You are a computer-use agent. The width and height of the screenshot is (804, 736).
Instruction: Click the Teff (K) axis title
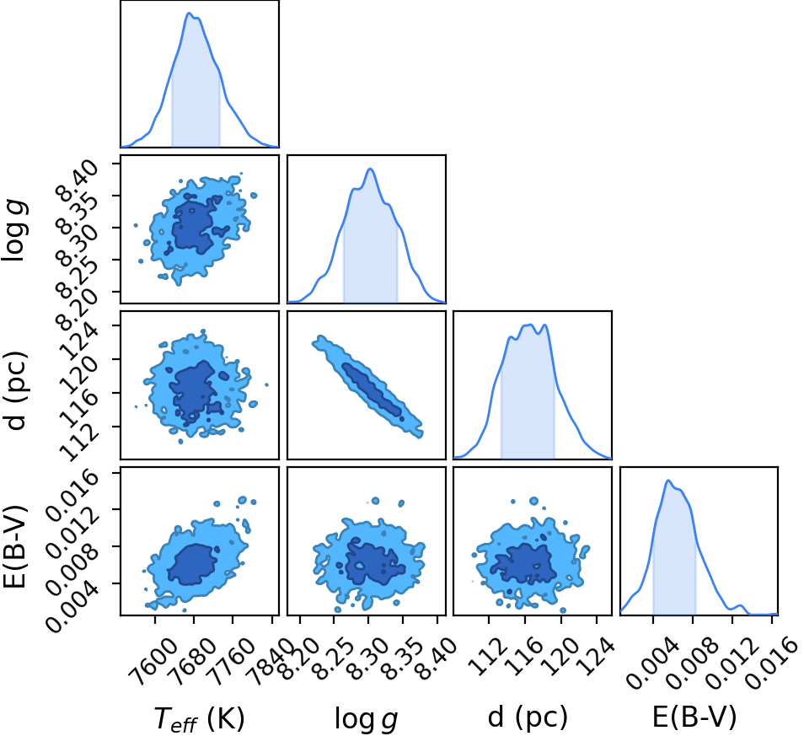[200, 717]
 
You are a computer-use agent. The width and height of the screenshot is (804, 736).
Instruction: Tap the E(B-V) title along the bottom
[694, 717]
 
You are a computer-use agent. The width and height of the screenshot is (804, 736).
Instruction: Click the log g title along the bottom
[366, 718]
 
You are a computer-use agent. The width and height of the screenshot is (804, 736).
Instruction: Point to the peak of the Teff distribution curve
[190, 13]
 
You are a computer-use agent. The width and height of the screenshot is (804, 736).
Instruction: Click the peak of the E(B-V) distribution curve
[668, 481]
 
